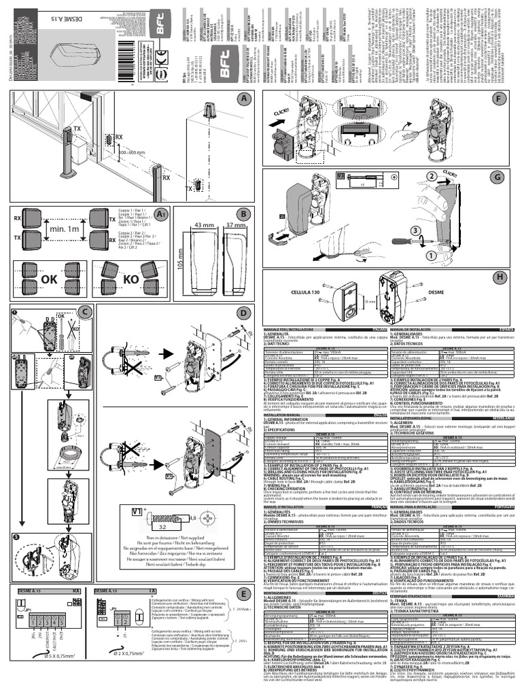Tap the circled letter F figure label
498,99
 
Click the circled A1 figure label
160,214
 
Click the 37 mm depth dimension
235,225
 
